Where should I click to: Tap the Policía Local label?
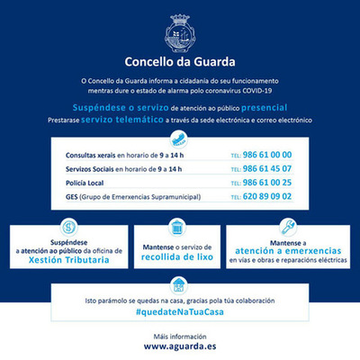tap(88, 182)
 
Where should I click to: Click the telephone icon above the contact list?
tap(180, 138)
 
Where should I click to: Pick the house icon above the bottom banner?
tap(180, 285)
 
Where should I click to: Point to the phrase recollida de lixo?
tap(178, 255)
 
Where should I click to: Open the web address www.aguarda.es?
tap(180, 345)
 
